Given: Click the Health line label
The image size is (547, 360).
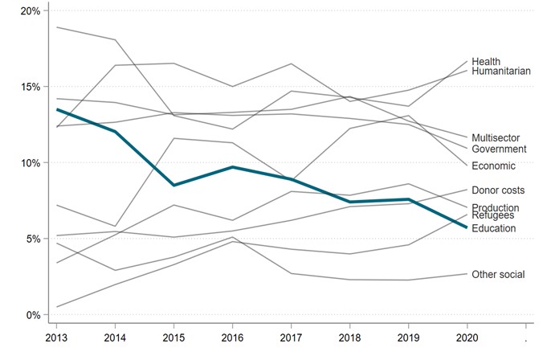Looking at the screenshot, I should pos(486,62).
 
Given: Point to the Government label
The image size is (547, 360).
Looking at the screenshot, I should pos(499,149).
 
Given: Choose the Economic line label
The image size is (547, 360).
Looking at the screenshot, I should pos(494,166).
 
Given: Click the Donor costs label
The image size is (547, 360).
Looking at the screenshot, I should pos(498,191).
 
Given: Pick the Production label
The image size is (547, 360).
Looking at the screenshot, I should pos(496,208).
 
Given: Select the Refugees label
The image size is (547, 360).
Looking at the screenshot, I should pos(493,215).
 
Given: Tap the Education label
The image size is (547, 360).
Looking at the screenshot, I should pos(494,229).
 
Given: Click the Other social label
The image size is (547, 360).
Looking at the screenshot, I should pos(498,275).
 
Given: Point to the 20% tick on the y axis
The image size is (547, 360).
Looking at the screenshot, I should pos(31,11).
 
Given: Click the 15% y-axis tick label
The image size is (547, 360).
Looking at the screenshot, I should pos(31,87).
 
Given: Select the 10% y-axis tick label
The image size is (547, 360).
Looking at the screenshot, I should pos(31,163).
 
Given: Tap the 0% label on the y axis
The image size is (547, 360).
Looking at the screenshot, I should pos(33,315).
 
